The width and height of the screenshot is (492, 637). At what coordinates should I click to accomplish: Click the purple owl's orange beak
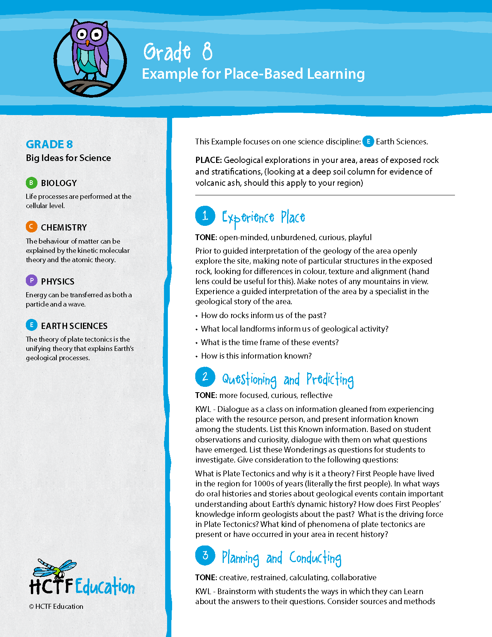tap(88, 42)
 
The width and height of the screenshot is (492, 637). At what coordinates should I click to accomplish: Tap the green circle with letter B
tap(31, 183)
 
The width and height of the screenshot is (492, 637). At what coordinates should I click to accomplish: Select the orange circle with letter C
tap(31, 227)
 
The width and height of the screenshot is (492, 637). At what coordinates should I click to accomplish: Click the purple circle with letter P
tap(31, 281)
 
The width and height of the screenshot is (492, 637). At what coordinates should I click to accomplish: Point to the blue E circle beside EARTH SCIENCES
tap(31, 325)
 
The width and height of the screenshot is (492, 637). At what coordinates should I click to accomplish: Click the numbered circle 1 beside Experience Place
tap(205, 216)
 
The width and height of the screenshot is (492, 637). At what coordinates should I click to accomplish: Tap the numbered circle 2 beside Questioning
tap(205, 377)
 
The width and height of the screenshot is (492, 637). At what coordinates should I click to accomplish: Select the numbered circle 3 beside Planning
tap(205, 555)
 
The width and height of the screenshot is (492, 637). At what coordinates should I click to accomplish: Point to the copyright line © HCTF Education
tap(56, 607)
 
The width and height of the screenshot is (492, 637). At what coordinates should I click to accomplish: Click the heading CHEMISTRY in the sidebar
tap(64, 227)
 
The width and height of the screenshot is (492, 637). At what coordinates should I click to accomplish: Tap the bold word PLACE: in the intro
tap(208, 160)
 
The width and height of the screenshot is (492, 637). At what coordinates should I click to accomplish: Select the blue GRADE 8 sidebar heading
tap(49, 144)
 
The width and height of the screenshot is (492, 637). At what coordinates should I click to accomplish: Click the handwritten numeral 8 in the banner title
tap(207, 52)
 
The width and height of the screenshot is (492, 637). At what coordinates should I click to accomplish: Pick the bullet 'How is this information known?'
tap(256, 356)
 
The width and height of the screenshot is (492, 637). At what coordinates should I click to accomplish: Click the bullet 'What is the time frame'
tap(270, 342)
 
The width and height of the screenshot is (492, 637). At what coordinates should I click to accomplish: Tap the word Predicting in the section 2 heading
tap(330, 379)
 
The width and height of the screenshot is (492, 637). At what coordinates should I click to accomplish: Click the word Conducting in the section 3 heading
tap(315, 558)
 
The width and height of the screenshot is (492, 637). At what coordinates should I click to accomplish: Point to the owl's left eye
tap(81, 35)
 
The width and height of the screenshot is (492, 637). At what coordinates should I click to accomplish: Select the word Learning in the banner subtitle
tap(335, 74)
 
